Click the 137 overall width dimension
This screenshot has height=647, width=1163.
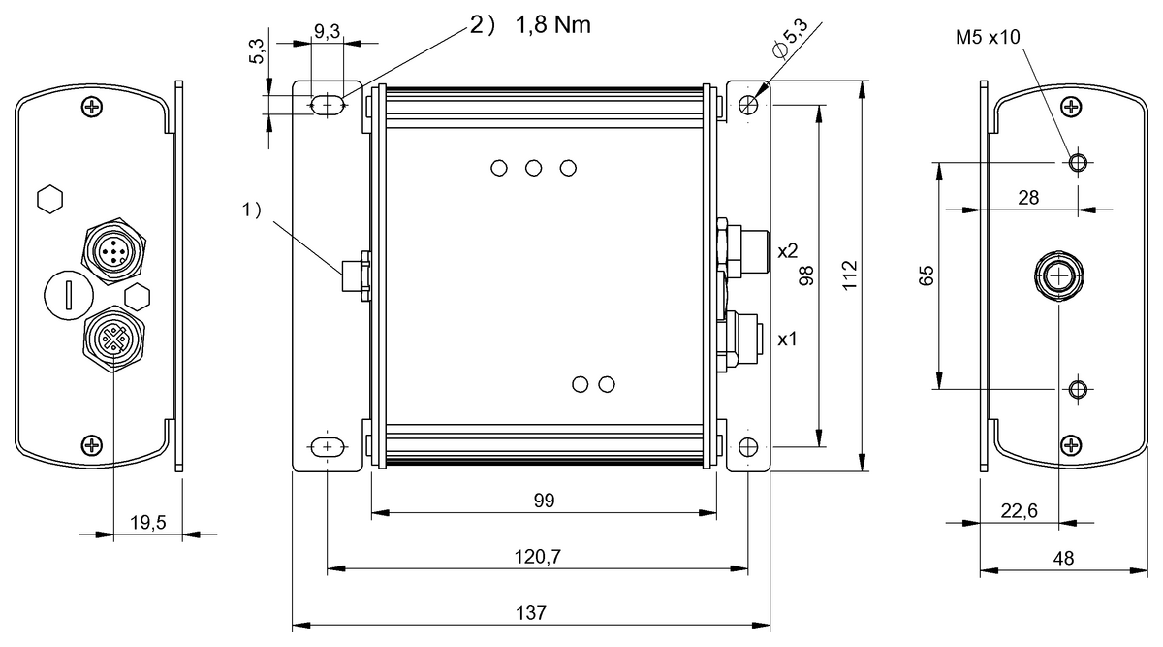tap(531, 613)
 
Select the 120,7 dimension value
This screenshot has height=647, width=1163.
tap(537, 557)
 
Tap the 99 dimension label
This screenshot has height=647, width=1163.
tap(544, 501)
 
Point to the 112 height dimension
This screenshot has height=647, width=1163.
tap(849, 275)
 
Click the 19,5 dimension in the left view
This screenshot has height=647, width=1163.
tap(148, 522)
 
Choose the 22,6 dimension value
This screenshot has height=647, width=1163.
tap(1020, 511)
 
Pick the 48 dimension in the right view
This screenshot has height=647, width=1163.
tap(1064, 558)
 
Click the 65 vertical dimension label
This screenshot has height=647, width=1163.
tap(927, 275)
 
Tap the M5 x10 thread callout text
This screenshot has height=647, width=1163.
tap(988, 37)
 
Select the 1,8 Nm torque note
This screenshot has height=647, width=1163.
tap(553, 25)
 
